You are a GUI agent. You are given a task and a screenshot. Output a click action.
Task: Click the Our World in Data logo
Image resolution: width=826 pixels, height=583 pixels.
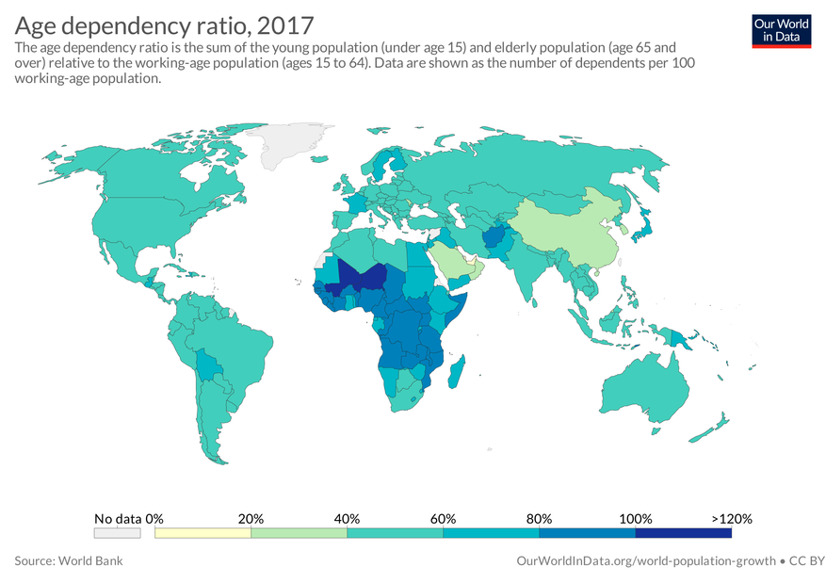(782, 30)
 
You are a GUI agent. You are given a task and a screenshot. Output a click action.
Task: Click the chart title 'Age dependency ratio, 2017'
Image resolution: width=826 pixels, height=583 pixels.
(165, 24)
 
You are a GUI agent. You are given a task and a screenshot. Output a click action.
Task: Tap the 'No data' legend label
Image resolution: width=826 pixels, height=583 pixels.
(118, 518)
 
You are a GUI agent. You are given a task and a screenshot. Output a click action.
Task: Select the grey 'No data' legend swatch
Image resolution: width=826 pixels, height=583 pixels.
(118, 533)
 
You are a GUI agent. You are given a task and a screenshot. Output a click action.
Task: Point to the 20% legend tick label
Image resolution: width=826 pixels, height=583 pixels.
(251, 518)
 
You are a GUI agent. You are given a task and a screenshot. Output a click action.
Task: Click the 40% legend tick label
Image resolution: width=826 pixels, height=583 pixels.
(347, 518)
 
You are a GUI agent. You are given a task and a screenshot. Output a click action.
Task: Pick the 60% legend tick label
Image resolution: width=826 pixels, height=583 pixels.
(443, 518)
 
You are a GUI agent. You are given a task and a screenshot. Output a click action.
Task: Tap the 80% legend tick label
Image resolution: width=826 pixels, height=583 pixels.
(539, 518)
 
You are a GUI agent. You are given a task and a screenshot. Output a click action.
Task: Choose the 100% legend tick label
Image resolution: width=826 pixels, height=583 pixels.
(636, 518)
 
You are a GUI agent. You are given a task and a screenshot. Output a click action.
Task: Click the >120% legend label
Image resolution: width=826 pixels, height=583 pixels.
(732, 518)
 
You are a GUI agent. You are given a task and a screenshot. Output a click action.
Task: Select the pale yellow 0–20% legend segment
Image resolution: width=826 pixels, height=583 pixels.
(202, 533)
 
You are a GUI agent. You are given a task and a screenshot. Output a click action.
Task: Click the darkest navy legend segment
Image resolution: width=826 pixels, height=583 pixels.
(684, 533)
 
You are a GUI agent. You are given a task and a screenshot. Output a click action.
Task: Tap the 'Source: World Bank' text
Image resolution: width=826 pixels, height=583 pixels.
(69, 560)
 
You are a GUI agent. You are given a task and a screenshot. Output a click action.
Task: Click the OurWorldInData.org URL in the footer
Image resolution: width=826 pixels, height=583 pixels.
(646, 560)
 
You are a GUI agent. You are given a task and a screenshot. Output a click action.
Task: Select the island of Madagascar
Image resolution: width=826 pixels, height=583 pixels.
(458, 372)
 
